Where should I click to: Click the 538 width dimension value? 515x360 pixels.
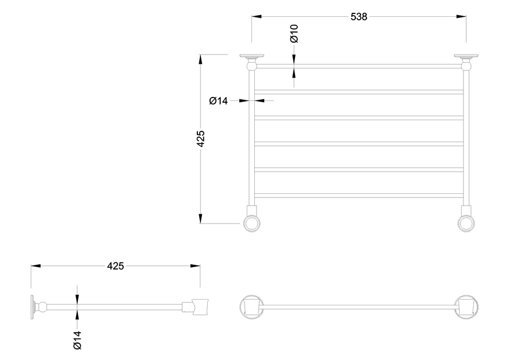(359, 17)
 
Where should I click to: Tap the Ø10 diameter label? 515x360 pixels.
(294, 34)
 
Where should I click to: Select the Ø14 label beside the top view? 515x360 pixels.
(218, 101)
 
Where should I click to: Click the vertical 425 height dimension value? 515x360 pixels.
(200, 139)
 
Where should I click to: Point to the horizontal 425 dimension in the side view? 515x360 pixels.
(116, 266)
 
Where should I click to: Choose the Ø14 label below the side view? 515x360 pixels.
(77, 340)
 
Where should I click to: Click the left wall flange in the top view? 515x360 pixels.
(252, 56)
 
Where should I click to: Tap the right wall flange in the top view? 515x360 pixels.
(466, 56)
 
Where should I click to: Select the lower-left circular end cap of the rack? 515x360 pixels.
(252, 224)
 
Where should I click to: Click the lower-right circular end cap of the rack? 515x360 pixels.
(466, 224)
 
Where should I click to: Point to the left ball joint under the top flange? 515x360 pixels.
(252, 67)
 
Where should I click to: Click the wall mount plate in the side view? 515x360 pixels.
(33, 307)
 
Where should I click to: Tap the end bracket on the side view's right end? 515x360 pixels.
(200, 307)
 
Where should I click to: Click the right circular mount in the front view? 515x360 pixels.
(466, 307)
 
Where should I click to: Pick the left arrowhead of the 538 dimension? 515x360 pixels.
(257, 16)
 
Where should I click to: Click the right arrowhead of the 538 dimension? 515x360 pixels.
(462, 16)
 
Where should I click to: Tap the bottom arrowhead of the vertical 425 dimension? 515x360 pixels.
(200, 218)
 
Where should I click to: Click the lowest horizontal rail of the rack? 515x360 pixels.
(359, 196)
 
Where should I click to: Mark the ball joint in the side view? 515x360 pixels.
(42, 307)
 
